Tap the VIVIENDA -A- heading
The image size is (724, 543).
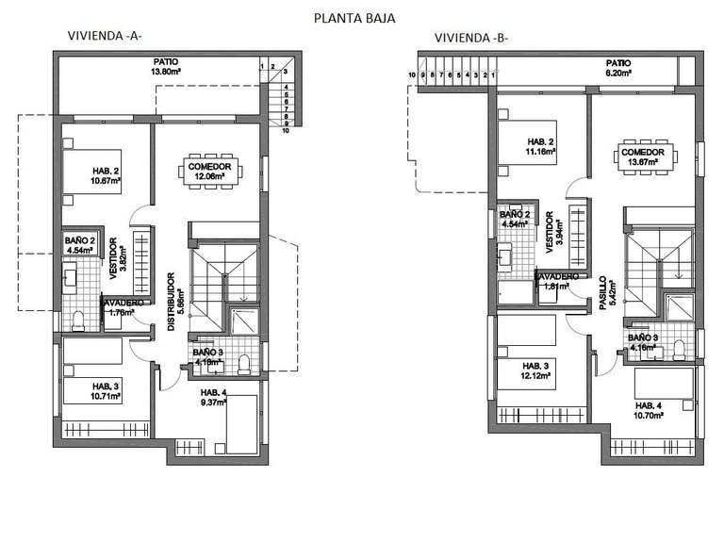click(105, 37)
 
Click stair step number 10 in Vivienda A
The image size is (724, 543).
click(285, 132)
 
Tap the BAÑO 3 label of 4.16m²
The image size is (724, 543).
click(642, 341)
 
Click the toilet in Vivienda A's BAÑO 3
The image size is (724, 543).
click(245, 363)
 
